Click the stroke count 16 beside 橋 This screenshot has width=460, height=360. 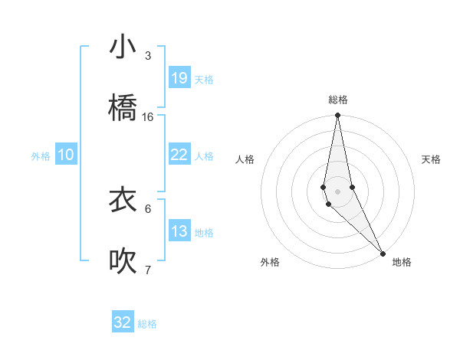click(x=148, y=117)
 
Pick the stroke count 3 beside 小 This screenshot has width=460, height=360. click(x=148, y=56)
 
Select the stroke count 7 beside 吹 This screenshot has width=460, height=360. click(x=148, y=270)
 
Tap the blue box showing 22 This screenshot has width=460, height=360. click(x=179, y=154)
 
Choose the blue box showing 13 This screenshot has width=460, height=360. click(x=179, y=231)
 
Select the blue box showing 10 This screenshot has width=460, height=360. click(x=66, y=154)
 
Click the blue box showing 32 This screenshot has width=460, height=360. click(x=123, y=322)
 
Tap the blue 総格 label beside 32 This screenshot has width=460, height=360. click(x=147, y=324)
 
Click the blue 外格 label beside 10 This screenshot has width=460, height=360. click(x=41, y=156)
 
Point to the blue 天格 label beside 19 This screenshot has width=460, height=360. click(x=204, y=80)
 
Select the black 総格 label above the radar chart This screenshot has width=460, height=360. click(x=337, y=100)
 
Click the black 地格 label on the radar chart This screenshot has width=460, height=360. click(x=402, y=262)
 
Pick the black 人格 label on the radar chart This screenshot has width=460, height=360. click(x=245, y=159)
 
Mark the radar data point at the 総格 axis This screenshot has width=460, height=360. click(x=337, y=116)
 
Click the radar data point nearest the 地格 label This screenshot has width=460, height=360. click(x=383, y=252)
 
